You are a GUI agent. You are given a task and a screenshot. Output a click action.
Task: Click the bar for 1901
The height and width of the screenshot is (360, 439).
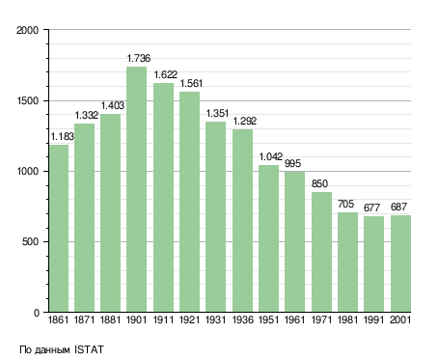click(137, 189)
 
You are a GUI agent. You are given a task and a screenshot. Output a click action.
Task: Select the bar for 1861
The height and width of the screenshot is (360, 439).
click(59, 229)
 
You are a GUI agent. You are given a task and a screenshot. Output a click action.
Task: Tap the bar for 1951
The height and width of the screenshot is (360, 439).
click(268, 238)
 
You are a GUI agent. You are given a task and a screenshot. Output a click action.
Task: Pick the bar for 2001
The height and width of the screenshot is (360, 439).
click(400, 263)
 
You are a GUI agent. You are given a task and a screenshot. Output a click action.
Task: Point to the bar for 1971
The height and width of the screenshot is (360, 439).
click(321, 252)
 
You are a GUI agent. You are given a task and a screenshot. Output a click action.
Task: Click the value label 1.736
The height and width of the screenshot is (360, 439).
click(139, 58)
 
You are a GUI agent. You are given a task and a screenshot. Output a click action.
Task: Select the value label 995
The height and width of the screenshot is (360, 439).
click(292, 163)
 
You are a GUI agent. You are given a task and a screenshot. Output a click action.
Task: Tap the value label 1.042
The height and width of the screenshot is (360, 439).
click(271, 156)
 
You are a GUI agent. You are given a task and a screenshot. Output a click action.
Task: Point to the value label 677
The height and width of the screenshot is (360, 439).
click(371, 208)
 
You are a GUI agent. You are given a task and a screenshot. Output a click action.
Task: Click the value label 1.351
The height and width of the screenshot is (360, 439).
click(217, 113)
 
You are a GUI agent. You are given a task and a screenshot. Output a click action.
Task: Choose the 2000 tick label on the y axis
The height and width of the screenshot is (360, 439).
click(27, 30)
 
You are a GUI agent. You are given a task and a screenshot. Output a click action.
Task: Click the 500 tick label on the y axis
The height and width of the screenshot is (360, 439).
click(30, 242)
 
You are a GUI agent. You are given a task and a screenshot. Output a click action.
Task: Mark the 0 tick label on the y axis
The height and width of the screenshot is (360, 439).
click(37, 313)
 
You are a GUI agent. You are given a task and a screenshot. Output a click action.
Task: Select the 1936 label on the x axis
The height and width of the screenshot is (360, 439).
click(242, 319)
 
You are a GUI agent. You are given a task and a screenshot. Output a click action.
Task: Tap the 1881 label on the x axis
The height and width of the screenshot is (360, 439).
click(110, 319)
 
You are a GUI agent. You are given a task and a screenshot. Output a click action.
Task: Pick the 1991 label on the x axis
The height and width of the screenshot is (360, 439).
click(374, 319)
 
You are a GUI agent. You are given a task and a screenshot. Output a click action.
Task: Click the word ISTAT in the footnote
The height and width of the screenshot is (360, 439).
click(89, 349)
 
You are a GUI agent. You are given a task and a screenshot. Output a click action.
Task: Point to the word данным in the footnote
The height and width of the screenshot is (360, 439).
click(51, 350)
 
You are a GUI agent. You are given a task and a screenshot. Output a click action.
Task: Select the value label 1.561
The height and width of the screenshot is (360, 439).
click(191, 83)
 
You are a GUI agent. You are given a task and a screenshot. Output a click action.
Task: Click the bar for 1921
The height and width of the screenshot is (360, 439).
click(189, 202)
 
